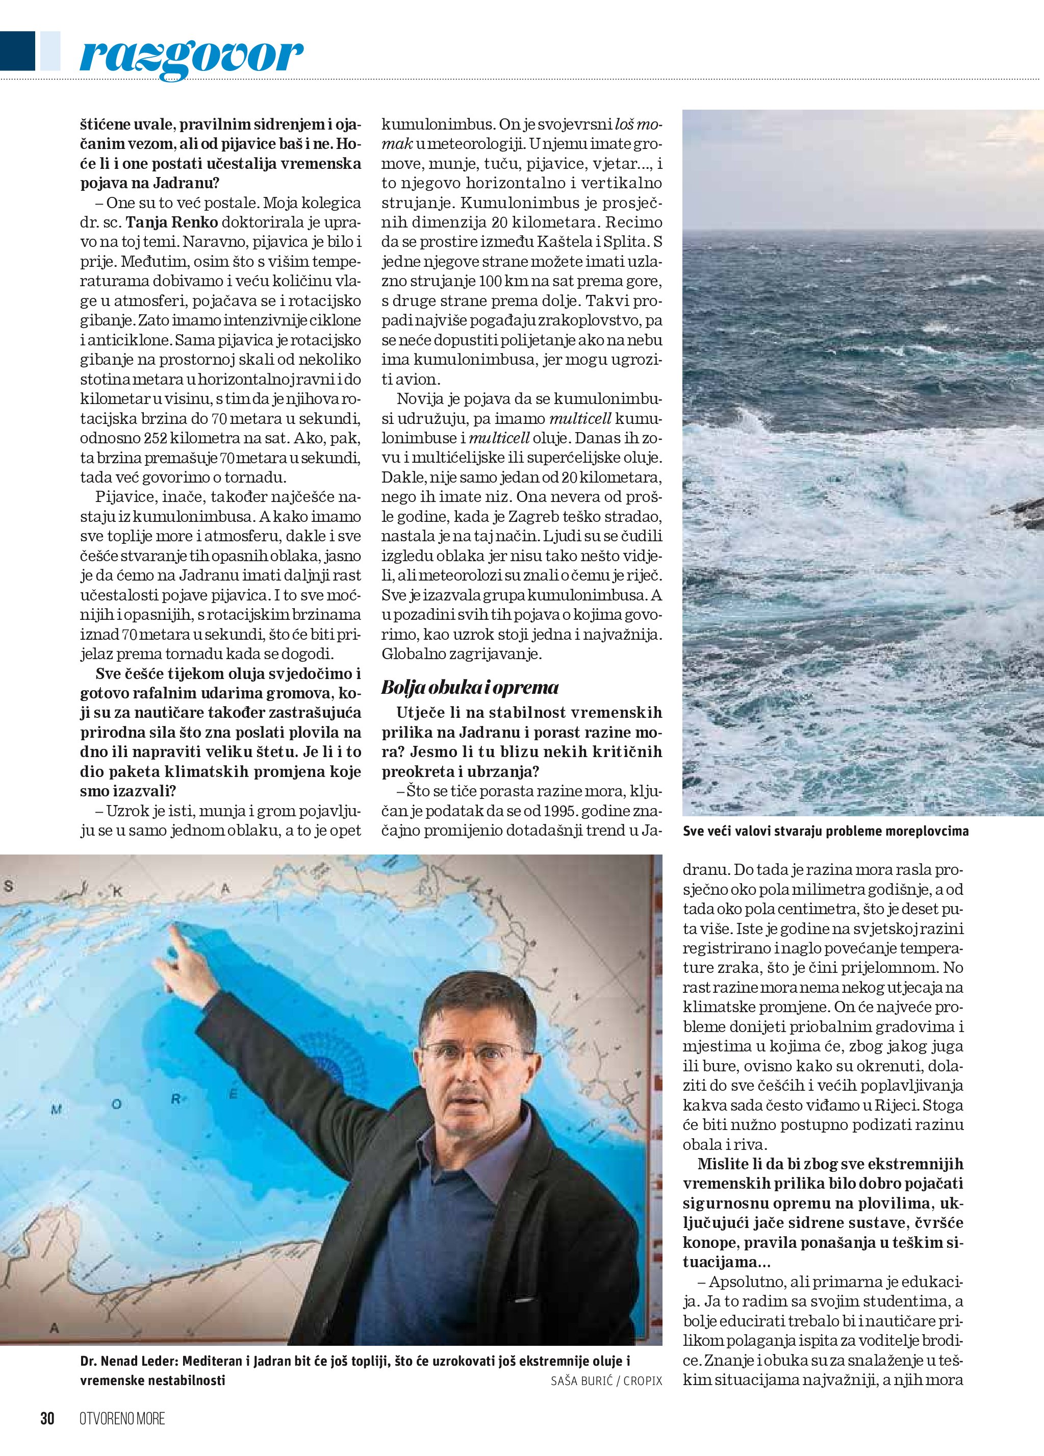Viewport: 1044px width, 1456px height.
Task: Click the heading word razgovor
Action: click(x=191, y=57)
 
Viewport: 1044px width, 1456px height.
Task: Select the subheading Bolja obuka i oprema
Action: click(x=470, y=688)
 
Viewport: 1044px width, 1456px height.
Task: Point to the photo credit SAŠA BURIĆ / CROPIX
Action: click(x=606, y=1381)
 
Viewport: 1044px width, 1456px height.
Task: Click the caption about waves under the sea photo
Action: click(x=825, y=832)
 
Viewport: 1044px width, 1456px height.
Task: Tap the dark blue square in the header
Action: click(x=17, y=52)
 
